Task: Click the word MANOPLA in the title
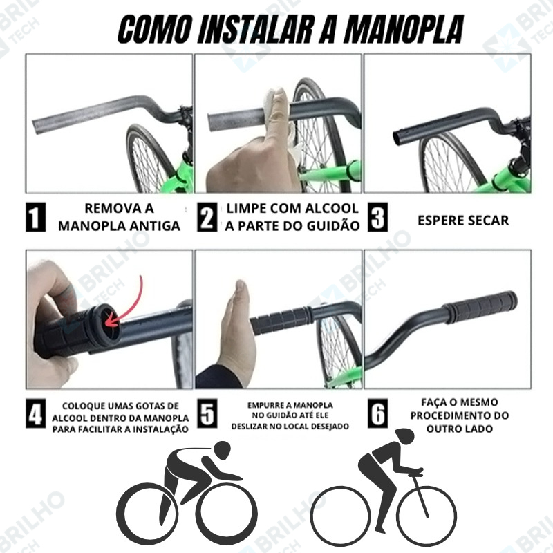[x=404, y=29]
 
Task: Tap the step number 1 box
[x=36, y=217]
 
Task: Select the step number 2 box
[x=207, y=217]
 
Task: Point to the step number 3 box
[x=377, y=217]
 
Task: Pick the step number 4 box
[x=36, y=413]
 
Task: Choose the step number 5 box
[x=207, y=413]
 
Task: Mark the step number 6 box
[x=377, y=413]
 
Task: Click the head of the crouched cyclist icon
[x=221, y=450]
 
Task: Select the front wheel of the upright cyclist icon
[x=427, y=515]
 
